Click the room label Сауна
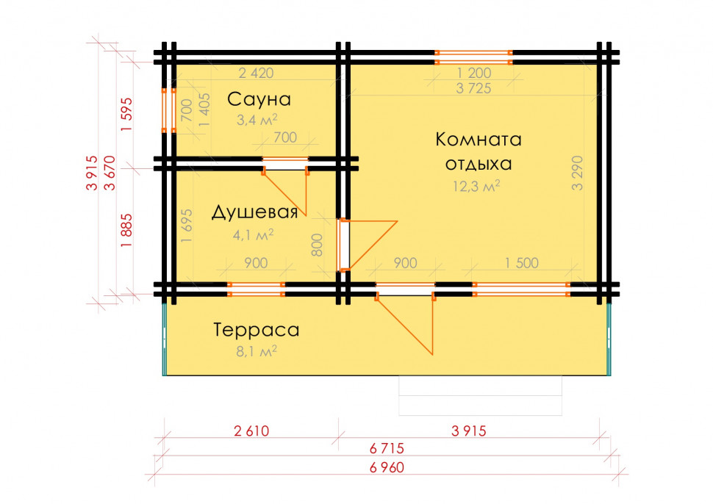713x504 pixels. (259, 99)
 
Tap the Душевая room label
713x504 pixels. (254, 212)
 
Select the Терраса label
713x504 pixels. (257, 330)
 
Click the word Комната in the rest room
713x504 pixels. (479, 139)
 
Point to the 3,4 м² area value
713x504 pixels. (257, 120)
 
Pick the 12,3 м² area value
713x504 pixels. (476, 186)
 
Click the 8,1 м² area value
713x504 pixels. (257, 351)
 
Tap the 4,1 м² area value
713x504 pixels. (254, 235)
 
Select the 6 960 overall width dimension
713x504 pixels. (387, 467)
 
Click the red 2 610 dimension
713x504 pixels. (251, 431)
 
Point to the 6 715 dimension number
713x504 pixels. (387, 449)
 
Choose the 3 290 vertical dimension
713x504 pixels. (577, 173)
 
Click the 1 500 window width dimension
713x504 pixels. (522, 263)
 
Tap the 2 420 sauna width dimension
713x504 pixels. (256, 73)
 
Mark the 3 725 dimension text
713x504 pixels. (473, 88)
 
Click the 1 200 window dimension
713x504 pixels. (474, 73)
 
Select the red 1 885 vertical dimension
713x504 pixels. (126, 231)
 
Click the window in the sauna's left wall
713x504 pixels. (169, 110)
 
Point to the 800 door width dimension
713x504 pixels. (317, 245)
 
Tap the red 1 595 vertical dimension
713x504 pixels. (126, 115)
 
